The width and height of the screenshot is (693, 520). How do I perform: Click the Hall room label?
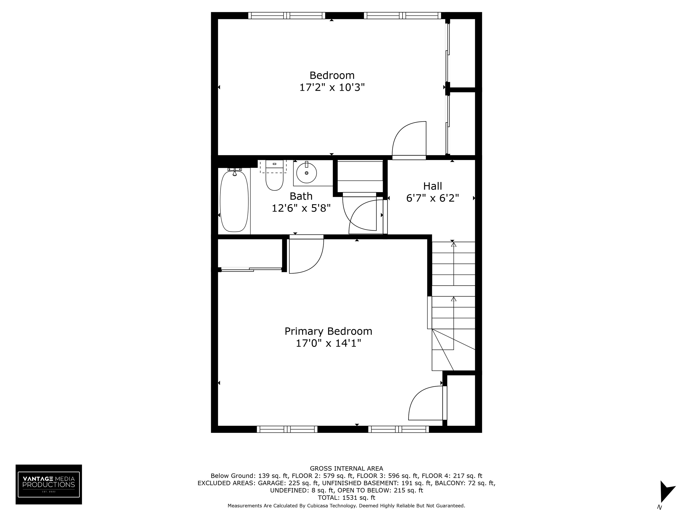tap(432, 186)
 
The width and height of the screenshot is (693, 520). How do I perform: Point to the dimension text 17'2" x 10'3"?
tap(332, 87)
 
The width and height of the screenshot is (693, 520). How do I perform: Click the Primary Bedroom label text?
tap(328, 331)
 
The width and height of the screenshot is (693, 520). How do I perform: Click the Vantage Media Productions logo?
tap(49, 484)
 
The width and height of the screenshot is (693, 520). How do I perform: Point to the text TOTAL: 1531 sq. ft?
tap(346, 497)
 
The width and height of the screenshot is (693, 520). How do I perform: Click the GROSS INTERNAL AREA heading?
tap(346, 468)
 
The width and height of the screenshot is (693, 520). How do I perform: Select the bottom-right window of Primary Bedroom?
tap(399, 429)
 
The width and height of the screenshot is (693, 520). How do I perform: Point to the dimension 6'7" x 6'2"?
tap(432, 198)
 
